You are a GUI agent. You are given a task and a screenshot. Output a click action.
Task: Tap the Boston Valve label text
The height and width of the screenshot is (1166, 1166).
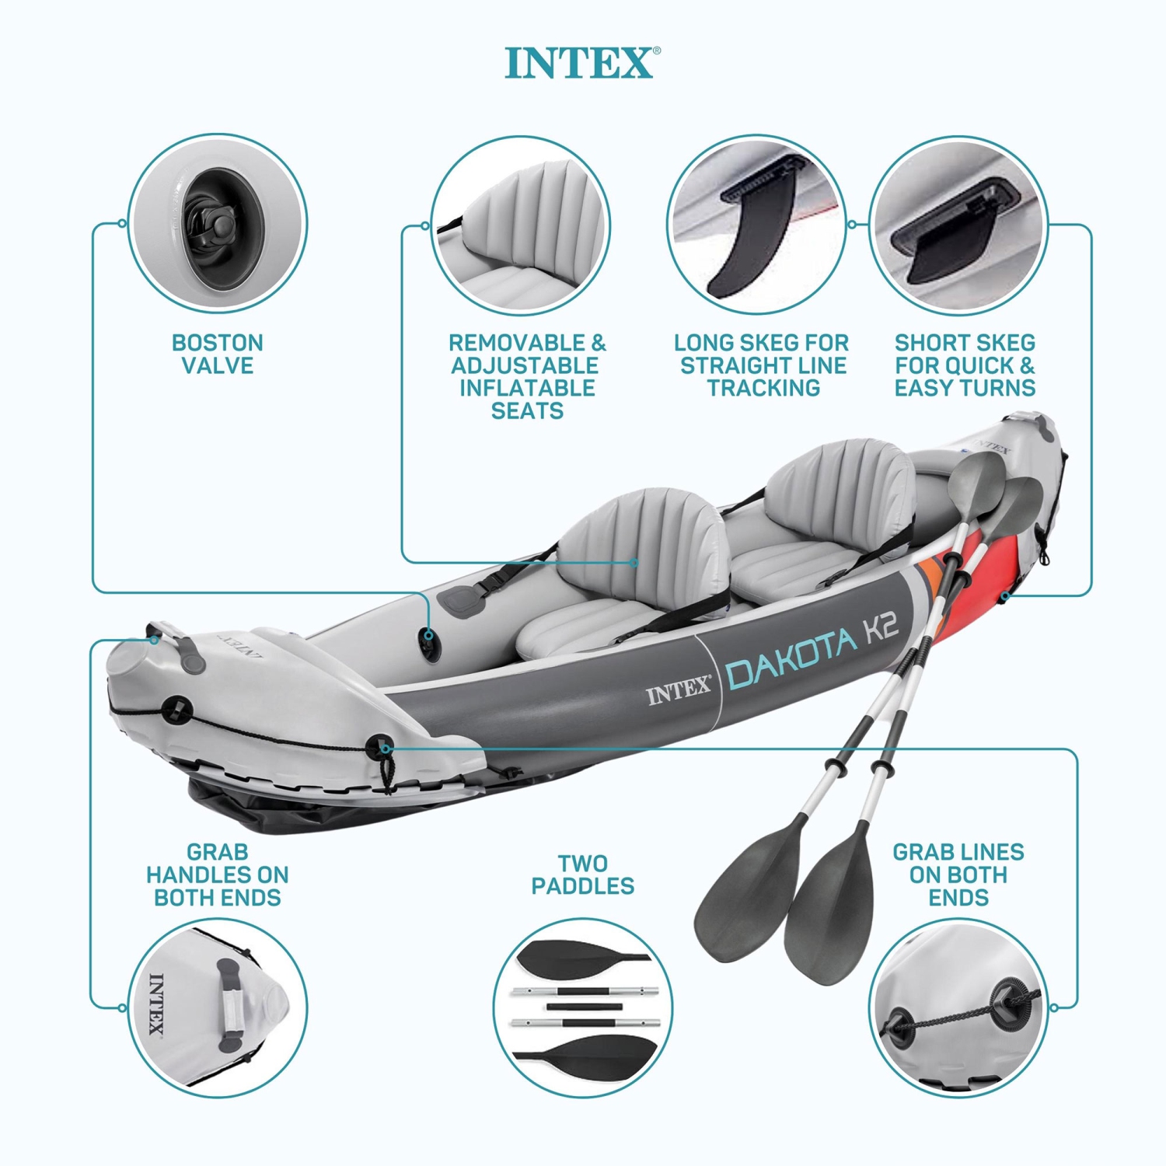(218, 354)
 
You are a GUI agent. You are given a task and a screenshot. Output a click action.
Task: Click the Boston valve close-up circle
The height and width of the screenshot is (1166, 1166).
(218, 224)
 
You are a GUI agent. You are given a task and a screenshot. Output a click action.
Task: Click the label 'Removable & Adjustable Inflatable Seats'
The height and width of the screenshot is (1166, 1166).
(527, 377)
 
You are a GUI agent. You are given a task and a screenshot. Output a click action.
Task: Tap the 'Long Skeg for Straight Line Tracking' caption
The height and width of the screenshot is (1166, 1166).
(762, 365)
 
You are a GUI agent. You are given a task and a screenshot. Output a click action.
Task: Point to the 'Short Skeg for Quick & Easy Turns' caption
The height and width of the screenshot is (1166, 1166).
(965, 365)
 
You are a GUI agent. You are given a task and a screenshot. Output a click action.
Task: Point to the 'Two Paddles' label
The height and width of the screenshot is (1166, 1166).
(583, 874)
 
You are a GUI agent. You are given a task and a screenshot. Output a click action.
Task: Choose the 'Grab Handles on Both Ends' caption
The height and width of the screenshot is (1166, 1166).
(218, 875)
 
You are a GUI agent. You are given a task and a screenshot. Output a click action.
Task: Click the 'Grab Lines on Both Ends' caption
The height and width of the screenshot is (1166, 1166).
(958, 875)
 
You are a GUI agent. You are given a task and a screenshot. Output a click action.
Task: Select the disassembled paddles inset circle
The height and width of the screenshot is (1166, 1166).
(583, 1007)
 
